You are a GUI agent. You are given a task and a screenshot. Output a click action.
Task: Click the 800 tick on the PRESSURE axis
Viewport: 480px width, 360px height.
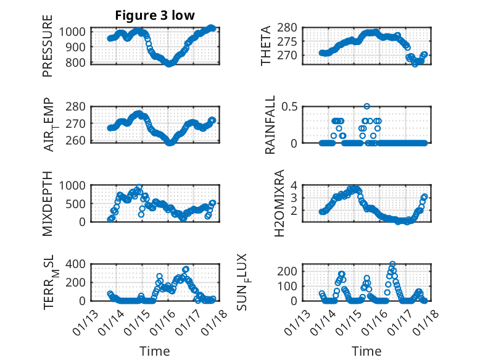(78, 63)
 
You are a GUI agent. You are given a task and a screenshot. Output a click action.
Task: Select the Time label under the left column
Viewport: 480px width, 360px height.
(155, 351)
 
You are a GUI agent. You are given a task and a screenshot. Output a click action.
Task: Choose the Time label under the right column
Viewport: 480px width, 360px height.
(366, 351)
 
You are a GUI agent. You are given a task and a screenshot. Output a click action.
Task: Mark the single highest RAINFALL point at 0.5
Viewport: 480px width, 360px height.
(366, 107)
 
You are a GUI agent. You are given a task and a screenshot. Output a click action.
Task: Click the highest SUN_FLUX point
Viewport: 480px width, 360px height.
(392, 264)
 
